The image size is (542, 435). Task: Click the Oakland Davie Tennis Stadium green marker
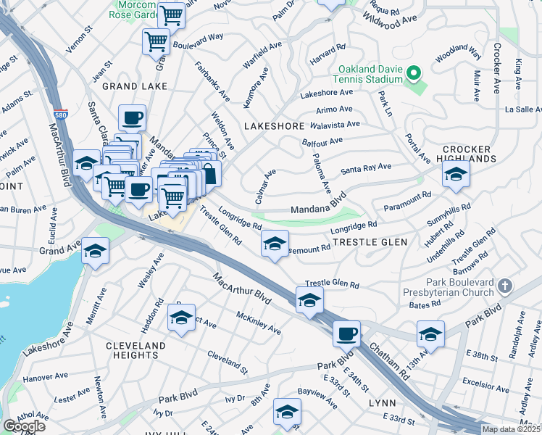click(x=414, y=73)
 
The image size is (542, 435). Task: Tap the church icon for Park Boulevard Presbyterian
click(x=506, y=286)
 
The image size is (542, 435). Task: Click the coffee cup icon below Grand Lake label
click(x=133, y=117)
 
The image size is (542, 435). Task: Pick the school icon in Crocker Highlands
click(x=456, y=174)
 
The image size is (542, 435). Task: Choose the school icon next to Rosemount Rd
click(x=275, y=244)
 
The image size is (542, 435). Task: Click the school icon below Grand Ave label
click(x=95, y=251)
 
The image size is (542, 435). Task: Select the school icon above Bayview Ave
click(x=287, y=411)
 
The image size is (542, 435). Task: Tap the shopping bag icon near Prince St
click(x=209, y=173)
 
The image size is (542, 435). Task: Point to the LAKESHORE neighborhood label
click(x=274, y=126)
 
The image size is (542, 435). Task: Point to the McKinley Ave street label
click(x=258, y=323)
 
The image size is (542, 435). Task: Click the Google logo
click(x=24, y=426)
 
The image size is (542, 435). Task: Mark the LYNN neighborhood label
click(x=382, y=402)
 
